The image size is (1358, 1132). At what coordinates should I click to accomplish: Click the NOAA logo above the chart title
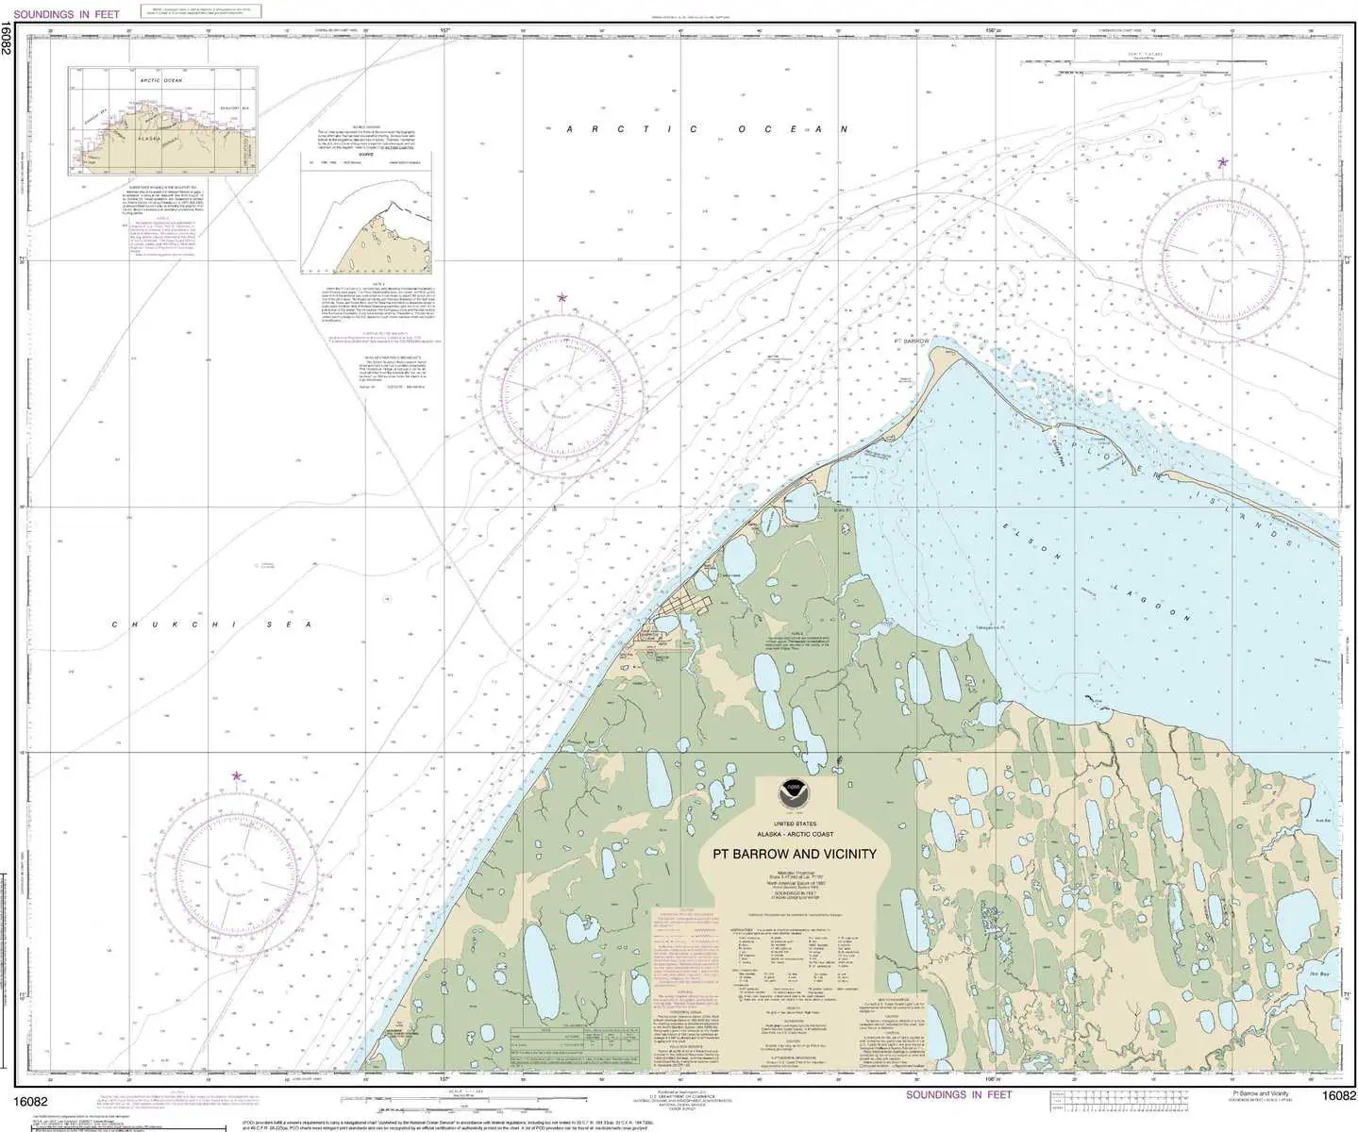794,793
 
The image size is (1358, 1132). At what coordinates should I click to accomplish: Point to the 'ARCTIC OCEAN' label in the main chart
707,129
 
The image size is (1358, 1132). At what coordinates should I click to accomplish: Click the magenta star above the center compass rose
562,298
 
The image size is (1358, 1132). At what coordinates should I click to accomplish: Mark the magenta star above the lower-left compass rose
236,776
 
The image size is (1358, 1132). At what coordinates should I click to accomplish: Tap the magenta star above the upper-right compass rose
1223,162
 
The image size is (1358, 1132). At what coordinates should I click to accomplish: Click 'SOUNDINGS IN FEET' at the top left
67,14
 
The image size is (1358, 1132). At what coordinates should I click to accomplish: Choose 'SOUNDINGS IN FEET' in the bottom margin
958,1094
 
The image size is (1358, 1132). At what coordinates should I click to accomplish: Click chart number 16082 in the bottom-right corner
1338,1095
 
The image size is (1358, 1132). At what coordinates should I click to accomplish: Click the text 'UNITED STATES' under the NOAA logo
794,824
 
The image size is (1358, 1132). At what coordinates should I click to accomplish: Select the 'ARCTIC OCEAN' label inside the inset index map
161,81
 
